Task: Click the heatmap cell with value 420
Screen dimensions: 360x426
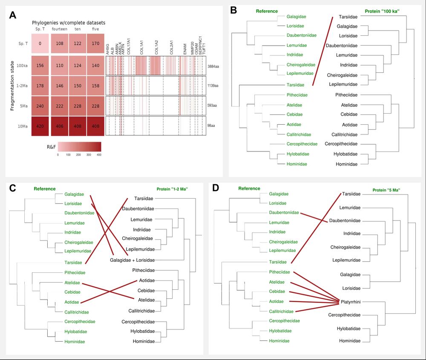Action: pos(40,126)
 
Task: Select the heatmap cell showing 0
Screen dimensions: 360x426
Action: pos(40,43)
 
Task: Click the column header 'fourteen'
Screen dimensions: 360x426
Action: pos(59,29)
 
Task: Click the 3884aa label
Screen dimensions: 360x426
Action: pos(213,66)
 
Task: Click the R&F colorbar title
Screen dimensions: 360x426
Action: pos(52,146)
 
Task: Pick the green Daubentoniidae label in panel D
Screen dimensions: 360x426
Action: pos(284,212)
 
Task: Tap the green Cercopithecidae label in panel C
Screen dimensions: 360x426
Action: pos(80,321)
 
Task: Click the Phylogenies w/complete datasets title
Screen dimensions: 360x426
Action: pos(69,22)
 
